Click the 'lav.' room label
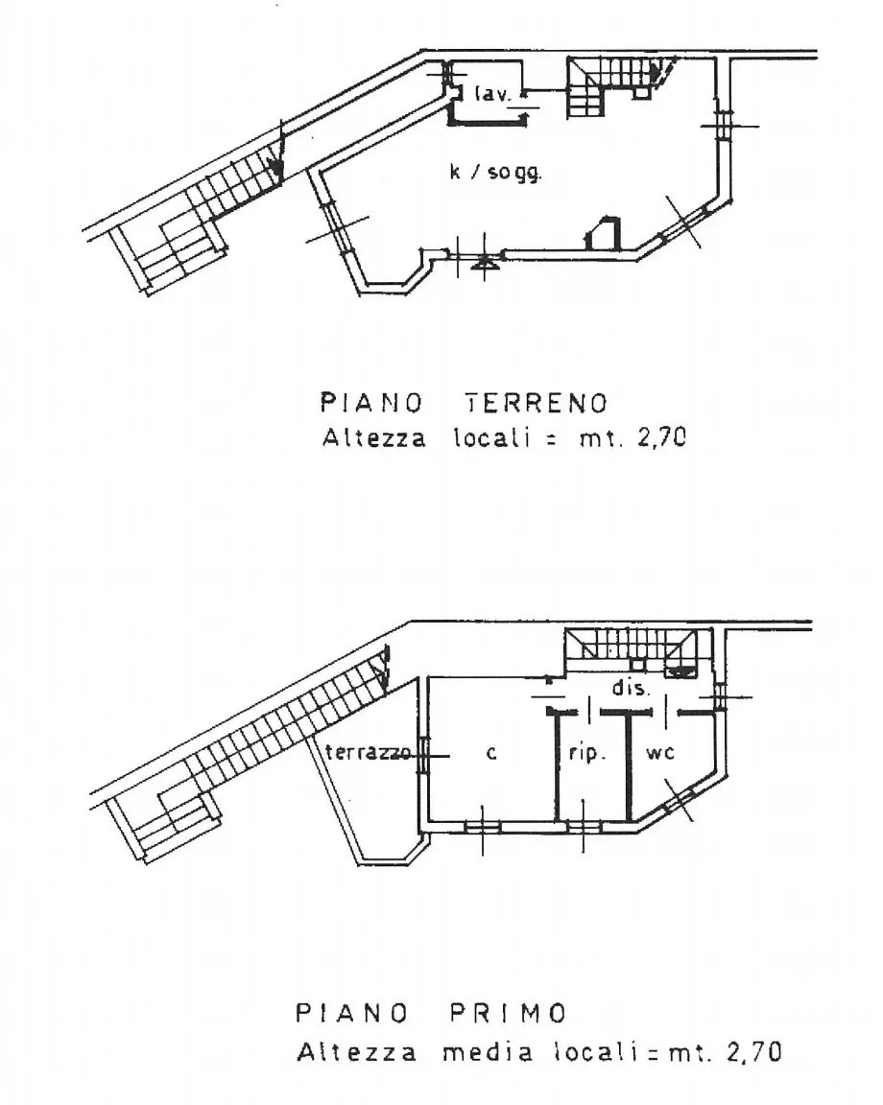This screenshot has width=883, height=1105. (x=492, y=94)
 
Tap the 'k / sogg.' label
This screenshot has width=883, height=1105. (x=496, y=172)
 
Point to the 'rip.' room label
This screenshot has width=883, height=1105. (x=587, y=753)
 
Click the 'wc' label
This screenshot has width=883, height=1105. (x=660, y=753)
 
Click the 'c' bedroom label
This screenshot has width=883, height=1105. (x=491, y=753)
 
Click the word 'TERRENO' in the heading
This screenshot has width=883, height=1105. (x=537, y=403)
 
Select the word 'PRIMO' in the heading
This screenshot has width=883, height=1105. (x=509, y=1013)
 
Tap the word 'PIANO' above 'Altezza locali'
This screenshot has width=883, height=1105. (x=371, y=403)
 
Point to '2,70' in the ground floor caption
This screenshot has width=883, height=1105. (x=661, y=438)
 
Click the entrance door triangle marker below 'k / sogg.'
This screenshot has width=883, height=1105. (x=484, y=262)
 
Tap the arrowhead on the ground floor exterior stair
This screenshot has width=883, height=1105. (x=277, y=168)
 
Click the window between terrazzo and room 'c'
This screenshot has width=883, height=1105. (x=423, y=756)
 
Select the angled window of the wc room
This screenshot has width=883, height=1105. (x=679, y=798)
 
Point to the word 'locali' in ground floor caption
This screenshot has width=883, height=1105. (x=491, y=437)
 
